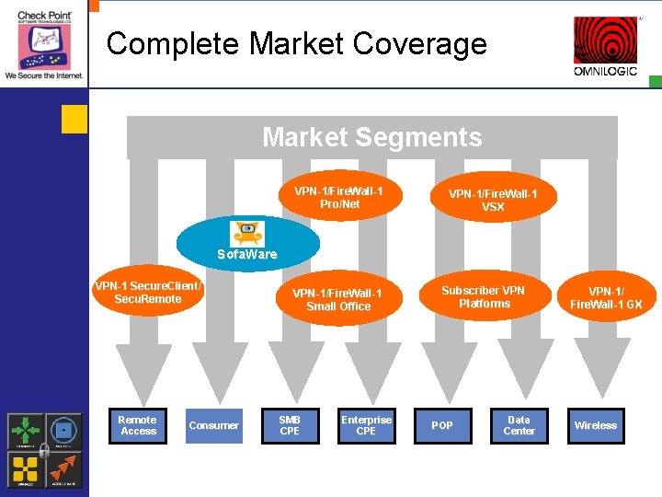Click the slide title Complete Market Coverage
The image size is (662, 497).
296,43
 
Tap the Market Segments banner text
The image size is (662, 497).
371,137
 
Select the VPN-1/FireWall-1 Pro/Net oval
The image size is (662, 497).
338,197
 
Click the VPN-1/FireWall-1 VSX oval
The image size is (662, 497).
493,200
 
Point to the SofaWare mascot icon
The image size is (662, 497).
247,233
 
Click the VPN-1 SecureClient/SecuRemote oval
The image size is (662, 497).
148,293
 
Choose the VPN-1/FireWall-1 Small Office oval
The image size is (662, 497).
338,299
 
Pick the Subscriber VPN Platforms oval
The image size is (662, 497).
484,296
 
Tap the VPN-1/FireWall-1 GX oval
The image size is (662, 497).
606,296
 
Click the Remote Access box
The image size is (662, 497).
138,425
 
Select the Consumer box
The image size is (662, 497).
213,425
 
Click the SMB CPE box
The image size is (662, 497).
290,425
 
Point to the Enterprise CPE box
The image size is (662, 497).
366,425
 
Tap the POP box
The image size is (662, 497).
442,425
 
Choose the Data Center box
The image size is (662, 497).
519,425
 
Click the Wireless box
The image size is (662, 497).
595,425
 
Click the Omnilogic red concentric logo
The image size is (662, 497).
605,40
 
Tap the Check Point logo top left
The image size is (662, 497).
43,41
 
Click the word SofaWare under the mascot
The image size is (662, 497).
246,254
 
